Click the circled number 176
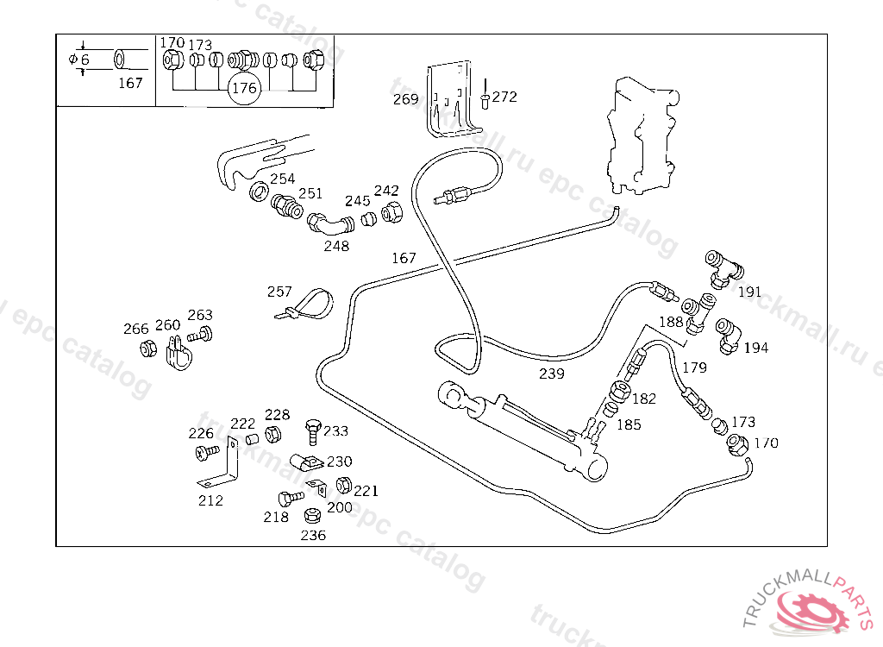[245, 88]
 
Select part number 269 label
[405, 99]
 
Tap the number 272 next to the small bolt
[504, 97]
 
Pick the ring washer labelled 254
[258, 191]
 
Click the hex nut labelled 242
[390, 212]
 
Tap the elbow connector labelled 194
[729, 332]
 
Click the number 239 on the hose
[552, 374]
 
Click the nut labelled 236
[312, 517]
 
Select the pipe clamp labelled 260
[175, 355]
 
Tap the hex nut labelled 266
[147, 349]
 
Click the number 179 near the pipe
[694, 367]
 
